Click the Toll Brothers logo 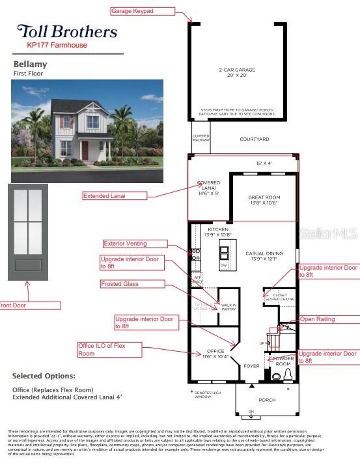[67, 31]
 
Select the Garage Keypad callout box [143, 11]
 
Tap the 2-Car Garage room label [236, 73]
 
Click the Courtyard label [255, 139]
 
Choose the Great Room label [264, 200]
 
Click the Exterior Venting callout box [135, 244]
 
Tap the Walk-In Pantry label [228, 307]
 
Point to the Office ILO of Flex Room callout [109, 350]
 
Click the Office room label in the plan [215, 354]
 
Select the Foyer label [251, 365]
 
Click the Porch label [267, 400]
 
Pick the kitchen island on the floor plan [225, 255]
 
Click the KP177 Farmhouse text [57, 46]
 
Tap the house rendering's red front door [85, 150]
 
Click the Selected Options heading [44, 376]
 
